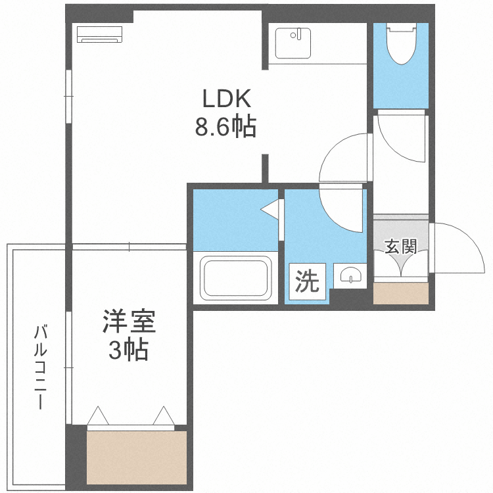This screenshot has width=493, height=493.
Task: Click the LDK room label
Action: [226, 99]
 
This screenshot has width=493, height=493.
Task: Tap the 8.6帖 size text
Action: [225, 127]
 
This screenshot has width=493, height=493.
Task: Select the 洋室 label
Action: [129, 321]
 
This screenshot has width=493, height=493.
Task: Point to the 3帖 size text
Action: [128, 349]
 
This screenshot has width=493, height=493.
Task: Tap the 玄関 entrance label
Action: [401, 246]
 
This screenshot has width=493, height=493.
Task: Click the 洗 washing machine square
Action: [307, 281]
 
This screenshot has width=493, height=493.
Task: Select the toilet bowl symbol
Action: [401, 44]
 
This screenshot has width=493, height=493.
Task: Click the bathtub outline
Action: [236, 278]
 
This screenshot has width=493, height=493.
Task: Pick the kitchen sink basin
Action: [293, 43]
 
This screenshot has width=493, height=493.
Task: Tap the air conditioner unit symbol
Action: [100, 34]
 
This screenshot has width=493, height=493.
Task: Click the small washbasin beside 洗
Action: [350, 275]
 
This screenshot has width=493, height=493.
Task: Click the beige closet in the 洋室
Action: [137, 458]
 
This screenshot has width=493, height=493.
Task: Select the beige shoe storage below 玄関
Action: [401, 293]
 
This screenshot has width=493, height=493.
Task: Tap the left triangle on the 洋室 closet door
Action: [98, 415]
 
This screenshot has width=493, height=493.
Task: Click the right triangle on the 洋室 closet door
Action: [164, 415]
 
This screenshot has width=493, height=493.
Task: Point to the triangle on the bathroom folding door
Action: [270, 209]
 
